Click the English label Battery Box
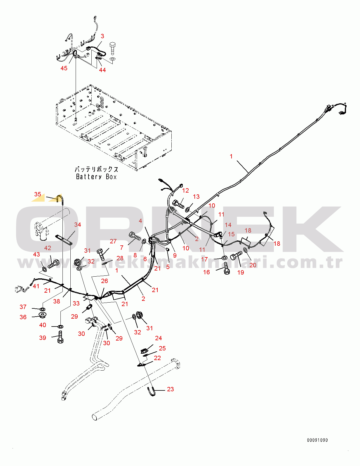96,177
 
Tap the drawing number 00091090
317,440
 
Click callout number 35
38,194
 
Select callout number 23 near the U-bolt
170,389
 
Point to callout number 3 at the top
102,36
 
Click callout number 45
64,68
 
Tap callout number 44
102,70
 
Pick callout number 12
185,191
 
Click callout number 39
42,338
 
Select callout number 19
241,272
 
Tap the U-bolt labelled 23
151,391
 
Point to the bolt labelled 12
178,204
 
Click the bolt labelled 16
227,268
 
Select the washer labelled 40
61,327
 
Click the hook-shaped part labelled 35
60,199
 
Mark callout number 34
77,224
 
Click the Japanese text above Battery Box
96,169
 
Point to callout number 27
113,241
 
